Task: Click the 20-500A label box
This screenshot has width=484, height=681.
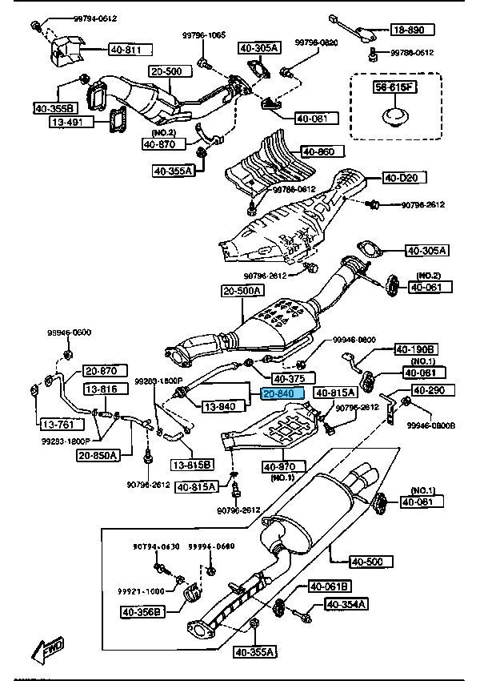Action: [x=242, y=291]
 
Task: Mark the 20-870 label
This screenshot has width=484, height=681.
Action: [x=101, y=371]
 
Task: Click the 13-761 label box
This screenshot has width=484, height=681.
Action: [x=54, y=424]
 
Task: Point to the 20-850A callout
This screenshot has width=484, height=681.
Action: [x=98, y=455]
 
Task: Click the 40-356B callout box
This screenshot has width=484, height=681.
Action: [x=143, y=613]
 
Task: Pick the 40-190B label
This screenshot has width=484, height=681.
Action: [x=414, y=349]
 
